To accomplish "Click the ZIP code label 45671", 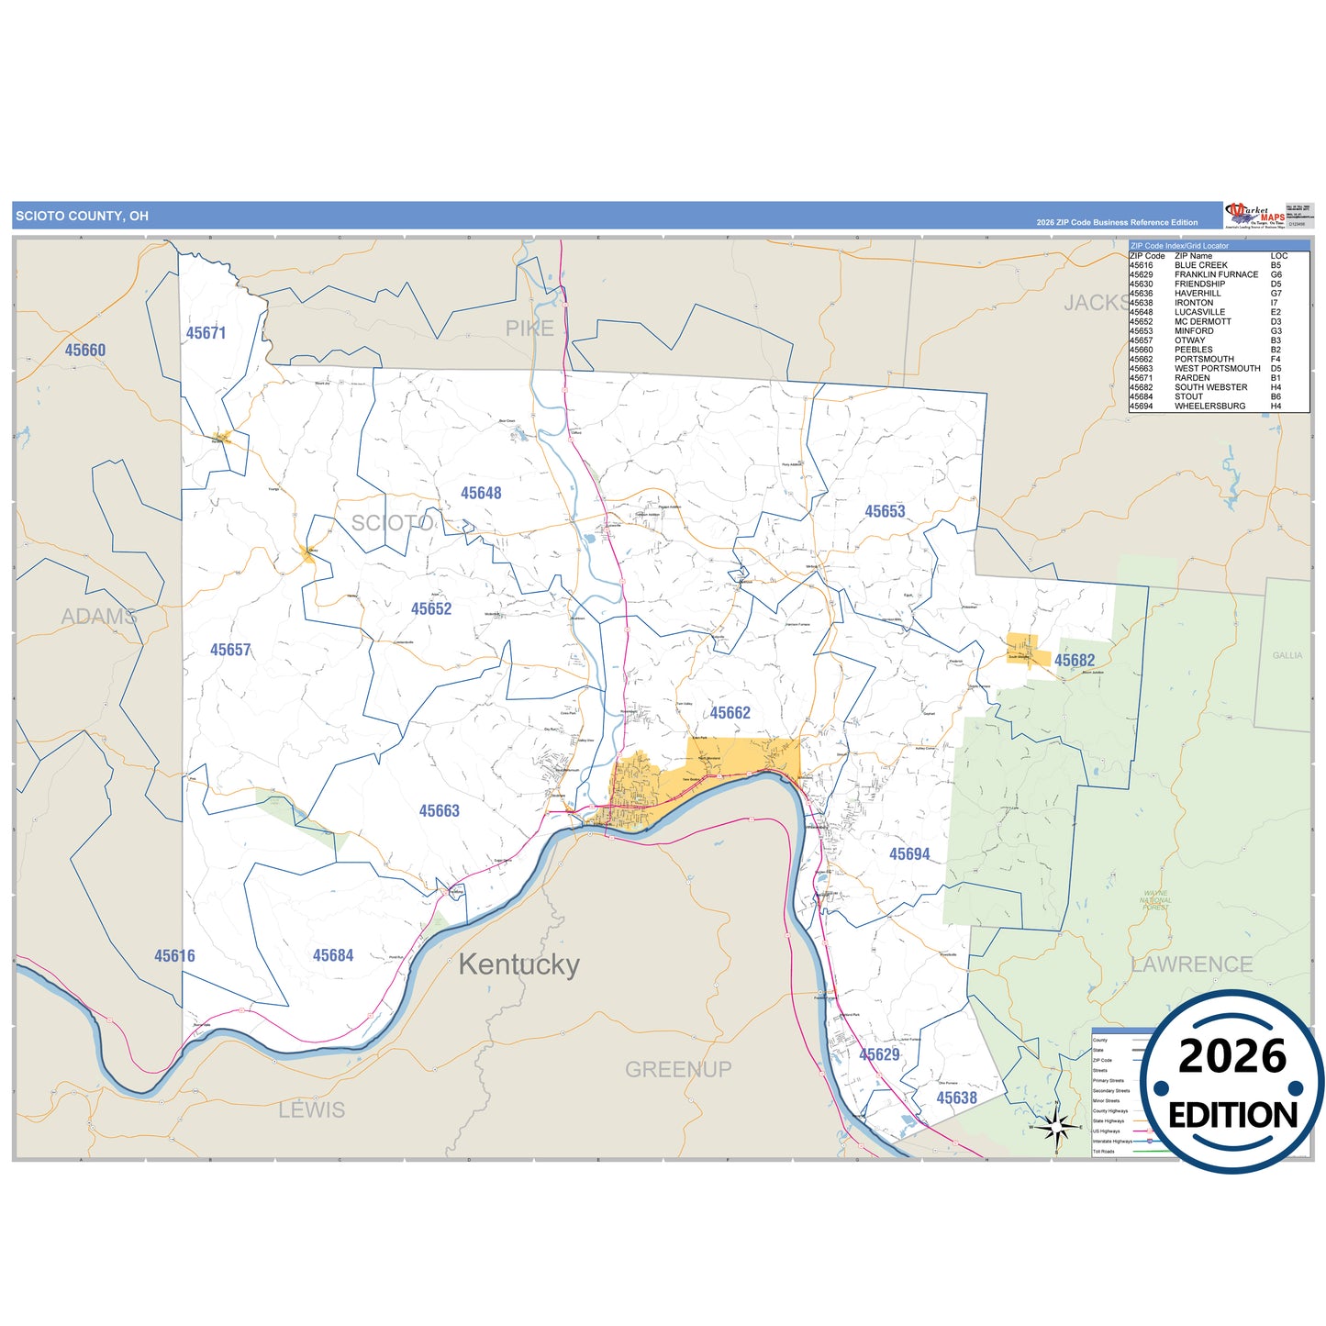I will pos(206,333).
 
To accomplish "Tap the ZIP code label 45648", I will pos(481,494).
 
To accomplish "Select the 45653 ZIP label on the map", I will pos(885,512).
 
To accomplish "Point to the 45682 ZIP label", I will pos(1074,661).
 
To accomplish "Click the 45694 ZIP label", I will pos(909,854).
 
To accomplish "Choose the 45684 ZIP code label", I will pos(332,955).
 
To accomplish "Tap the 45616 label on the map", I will pos(174,956).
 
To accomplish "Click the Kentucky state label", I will pos(518,964).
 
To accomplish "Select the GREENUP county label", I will pos(678,1069).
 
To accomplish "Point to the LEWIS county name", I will pos(312,1110).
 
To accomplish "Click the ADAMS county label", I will pos(99,617).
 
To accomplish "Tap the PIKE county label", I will pos(529,329).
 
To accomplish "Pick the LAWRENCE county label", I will pos(1192,964).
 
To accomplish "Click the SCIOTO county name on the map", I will pos(392,523).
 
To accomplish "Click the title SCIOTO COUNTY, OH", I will pos(82,217).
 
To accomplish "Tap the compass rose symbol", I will pos(1056,1127).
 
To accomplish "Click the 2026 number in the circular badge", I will pos(1231,1057).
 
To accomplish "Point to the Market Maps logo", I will pos(1254,215).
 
